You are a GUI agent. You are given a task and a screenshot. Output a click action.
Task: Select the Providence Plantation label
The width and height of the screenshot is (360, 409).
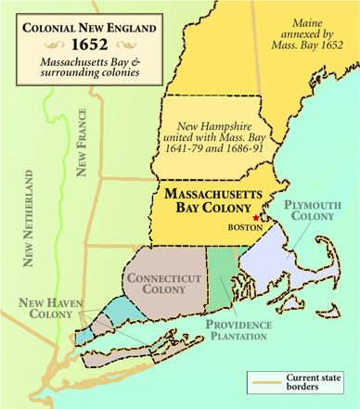238,331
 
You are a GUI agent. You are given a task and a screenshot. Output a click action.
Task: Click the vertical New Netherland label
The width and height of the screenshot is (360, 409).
30,219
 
